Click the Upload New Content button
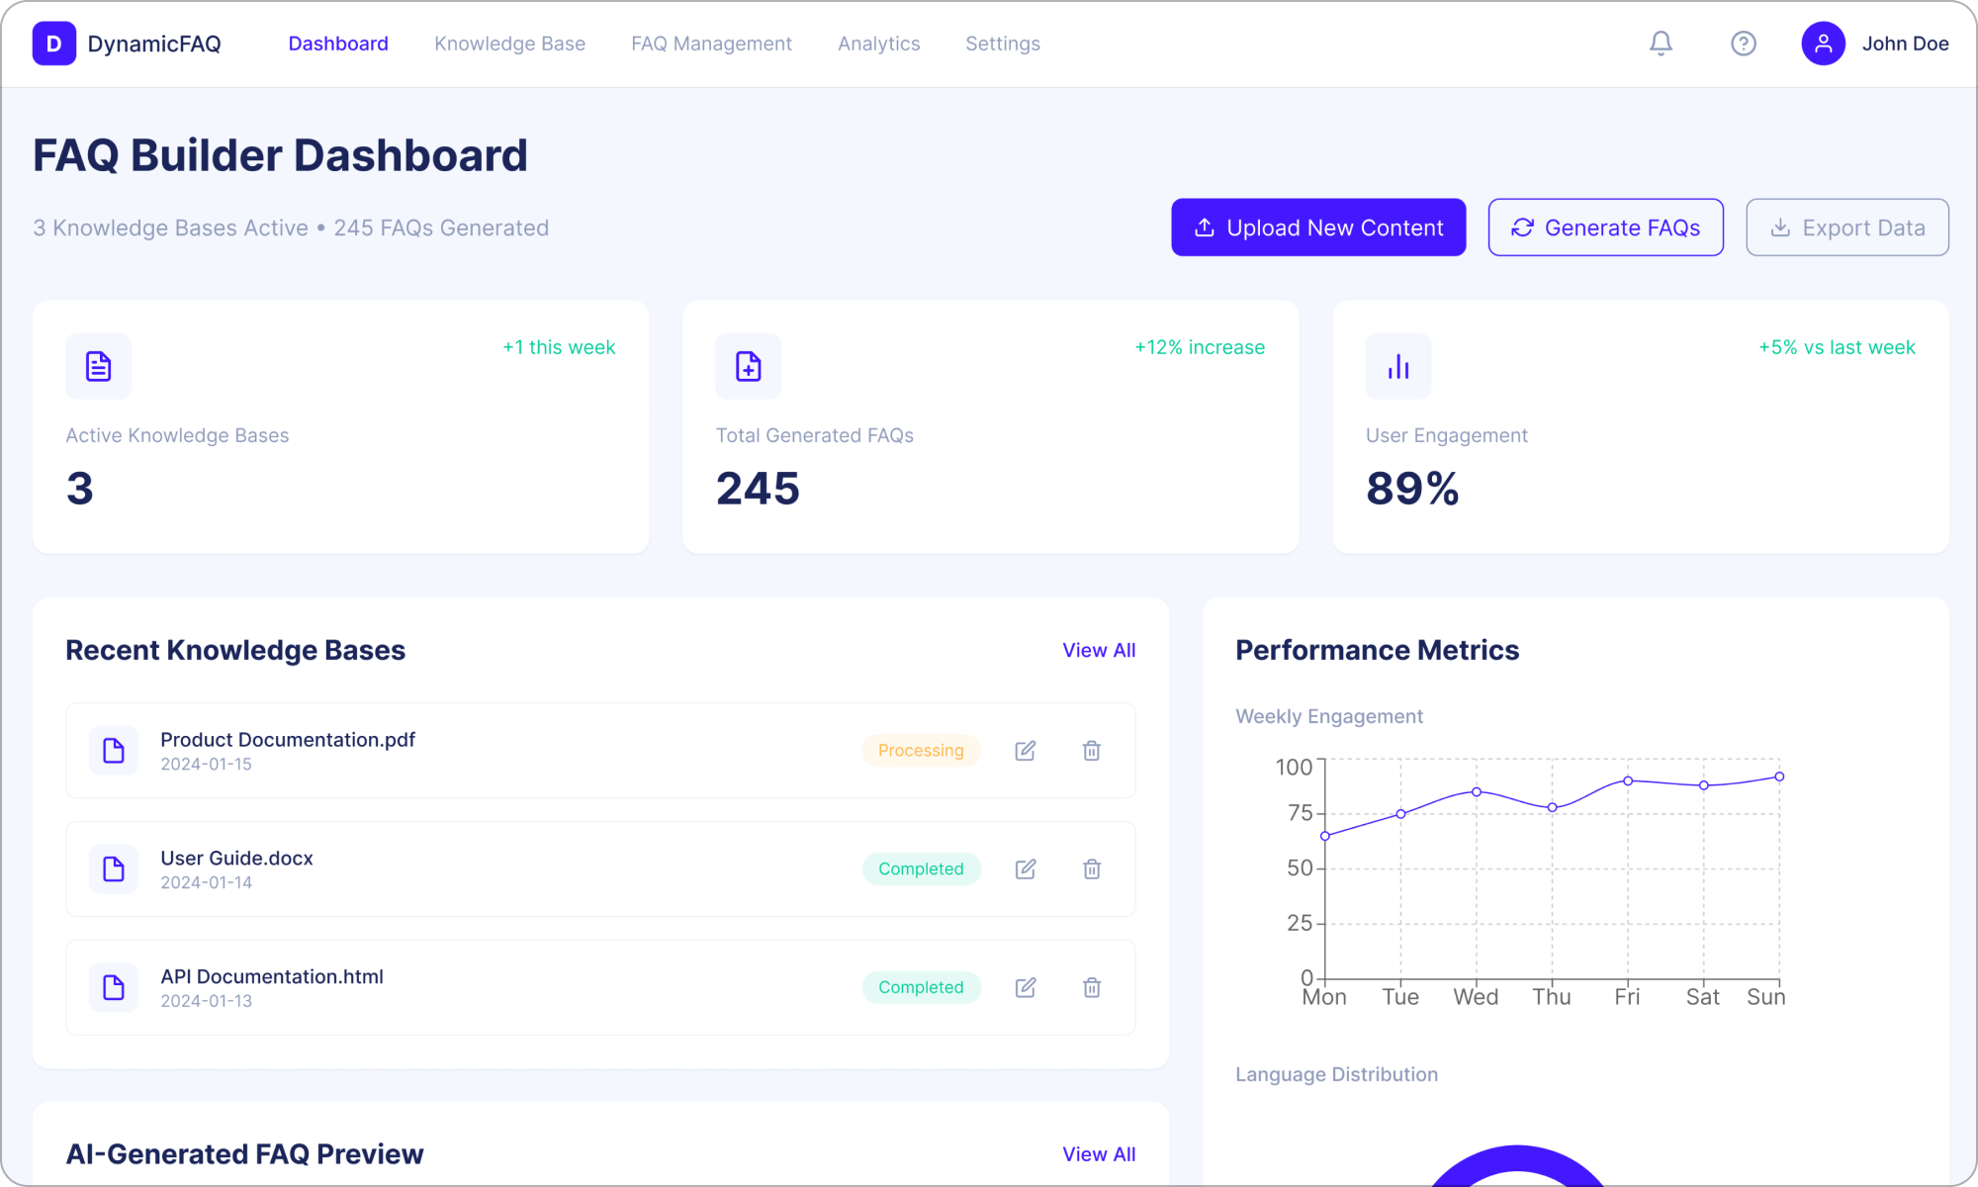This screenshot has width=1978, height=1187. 1318,228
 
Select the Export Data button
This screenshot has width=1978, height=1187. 1846,228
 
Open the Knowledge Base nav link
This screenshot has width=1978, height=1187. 509,44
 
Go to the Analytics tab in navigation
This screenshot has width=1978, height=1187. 878,44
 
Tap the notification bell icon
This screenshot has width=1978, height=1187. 1661,44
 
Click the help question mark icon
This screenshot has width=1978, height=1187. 1743,44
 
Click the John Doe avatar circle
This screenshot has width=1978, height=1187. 1823,44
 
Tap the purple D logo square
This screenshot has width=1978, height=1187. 54,44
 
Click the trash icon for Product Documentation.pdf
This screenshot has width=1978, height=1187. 1091,751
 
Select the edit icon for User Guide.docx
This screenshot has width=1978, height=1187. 1026,869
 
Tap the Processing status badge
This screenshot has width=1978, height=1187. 921,751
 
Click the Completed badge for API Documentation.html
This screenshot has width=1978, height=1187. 921,987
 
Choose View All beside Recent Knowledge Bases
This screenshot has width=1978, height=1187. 1098,650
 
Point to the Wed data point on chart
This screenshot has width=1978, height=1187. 1477,792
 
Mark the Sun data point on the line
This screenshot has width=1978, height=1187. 1779,776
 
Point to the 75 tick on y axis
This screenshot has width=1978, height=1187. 1300,813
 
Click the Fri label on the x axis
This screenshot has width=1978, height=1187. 1627,997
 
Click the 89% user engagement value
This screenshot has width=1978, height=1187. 1412,489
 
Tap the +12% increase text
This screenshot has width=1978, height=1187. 1199,347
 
